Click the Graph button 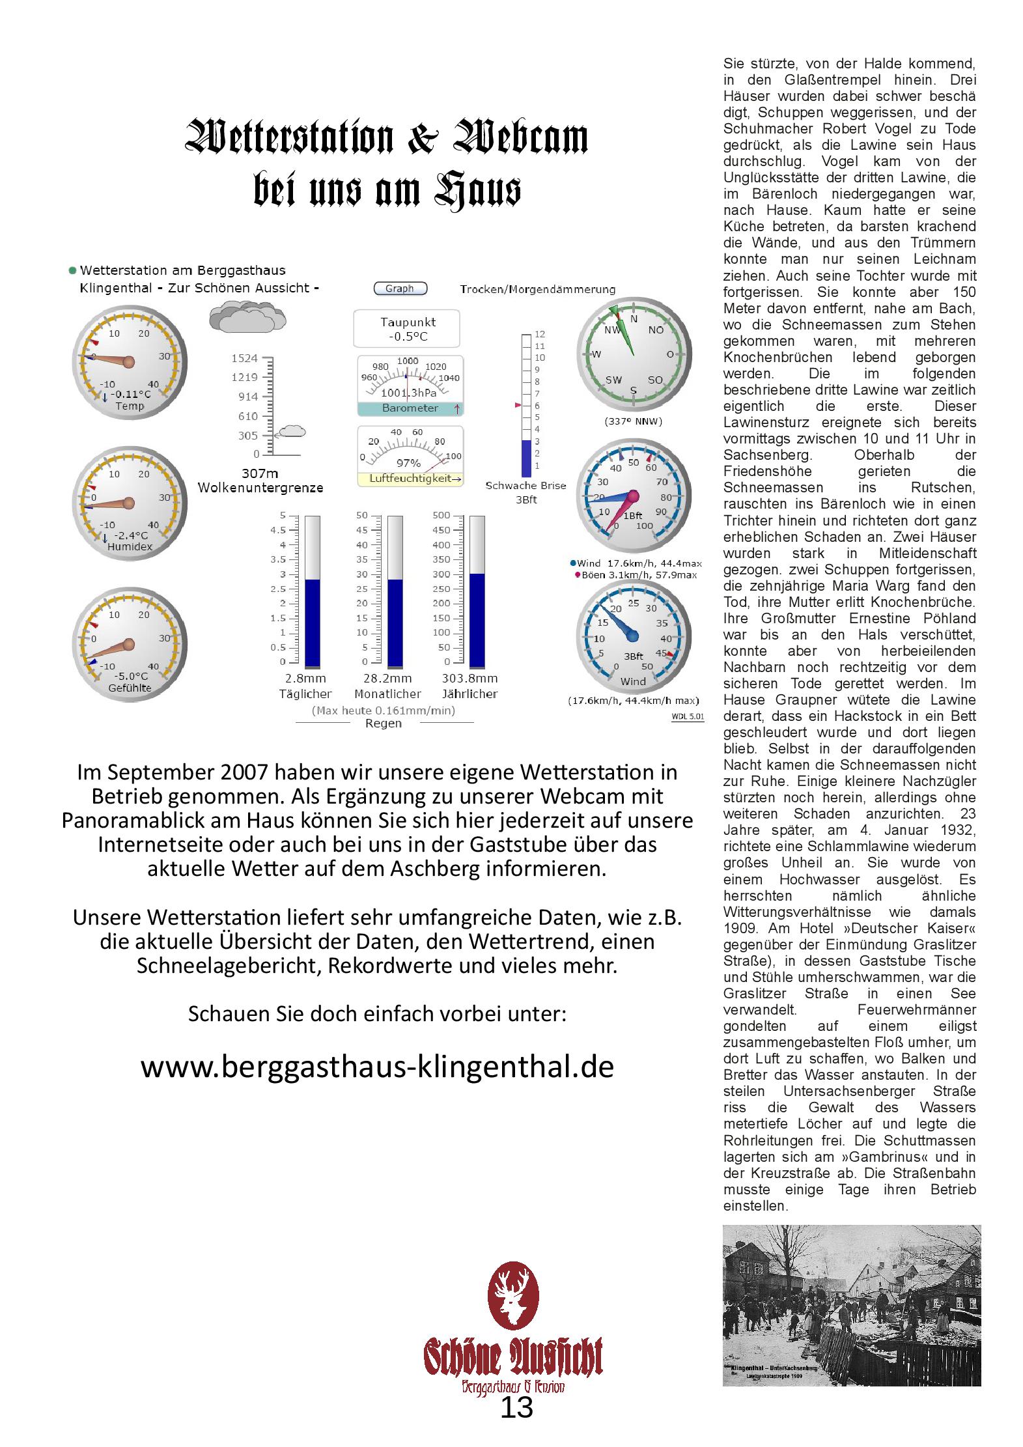[400, 288]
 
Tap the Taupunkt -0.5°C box [406, 329]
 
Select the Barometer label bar [410, 408]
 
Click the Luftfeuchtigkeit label [410, 479]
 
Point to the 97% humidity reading [408, 463]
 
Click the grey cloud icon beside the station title [247, 316]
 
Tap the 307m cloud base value [260, 473]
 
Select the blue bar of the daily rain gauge [313, 623]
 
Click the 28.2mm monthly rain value [387, 679]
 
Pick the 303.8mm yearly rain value [469, 679]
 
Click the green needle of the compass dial [624, 331]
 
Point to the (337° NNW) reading [633, 421]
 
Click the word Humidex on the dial [130, 546]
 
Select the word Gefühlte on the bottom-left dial [130, 687]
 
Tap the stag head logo [514, 1296]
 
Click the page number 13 [516, 1408]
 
